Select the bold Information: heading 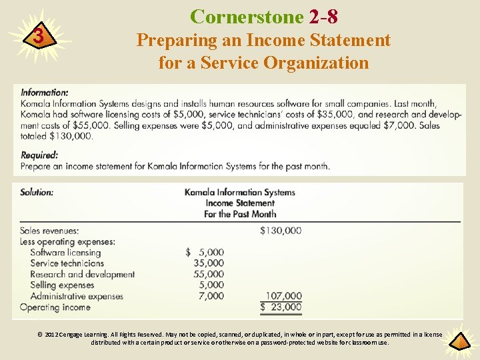point(44,93)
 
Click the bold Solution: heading point(37,192)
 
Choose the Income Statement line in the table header point(240,203)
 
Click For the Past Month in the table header point(240,214)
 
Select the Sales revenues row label point(49,231)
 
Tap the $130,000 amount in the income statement point(280,231)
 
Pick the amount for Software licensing point(205,253)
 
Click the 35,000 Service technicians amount point(209,263)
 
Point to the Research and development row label point(82,274)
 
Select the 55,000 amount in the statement point(209,274)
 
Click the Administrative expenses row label point(77,296)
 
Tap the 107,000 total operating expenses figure point(283,296)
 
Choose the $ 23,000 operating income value point(281,307)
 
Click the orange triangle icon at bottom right point(459,341)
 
